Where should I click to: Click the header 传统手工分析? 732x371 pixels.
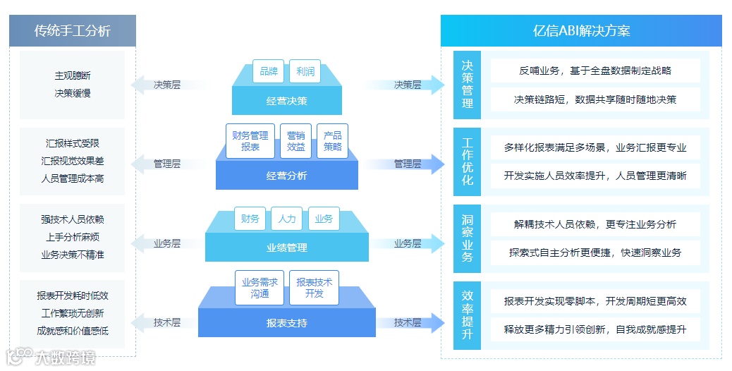point(73,31)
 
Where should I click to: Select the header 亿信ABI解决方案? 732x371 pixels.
point(581,31)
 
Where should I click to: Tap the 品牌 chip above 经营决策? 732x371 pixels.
point(268,71)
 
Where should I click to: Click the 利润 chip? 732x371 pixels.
point(305,71)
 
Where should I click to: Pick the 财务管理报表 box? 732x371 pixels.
point(250,141)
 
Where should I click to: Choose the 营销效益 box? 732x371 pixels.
point(296,141)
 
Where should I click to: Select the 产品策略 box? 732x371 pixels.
point(333,141)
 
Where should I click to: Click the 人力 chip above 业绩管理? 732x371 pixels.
point(287,219)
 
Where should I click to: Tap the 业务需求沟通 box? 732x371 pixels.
point(260,288)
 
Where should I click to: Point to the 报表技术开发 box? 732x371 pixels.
point(315,288)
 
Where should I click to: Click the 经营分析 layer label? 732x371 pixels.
point(287,176)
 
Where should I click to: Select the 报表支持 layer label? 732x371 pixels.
point(287,324)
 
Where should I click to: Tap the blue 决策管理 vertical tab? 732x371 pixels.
point(468,84)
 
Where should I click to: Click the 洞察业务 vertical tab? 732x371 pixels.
point(468,238)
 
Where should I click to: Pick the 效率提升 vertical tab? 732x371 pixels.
point(468,315)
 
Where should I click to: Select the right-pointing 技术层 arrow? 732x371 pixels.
point(409,322)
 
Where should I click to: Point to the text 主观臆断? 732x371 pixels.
point(73,75)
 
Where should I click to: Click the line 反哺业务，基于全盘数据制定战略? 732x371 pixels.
point(595,71)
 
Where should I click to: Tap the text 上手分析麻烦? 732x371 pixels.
point(73,237)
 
